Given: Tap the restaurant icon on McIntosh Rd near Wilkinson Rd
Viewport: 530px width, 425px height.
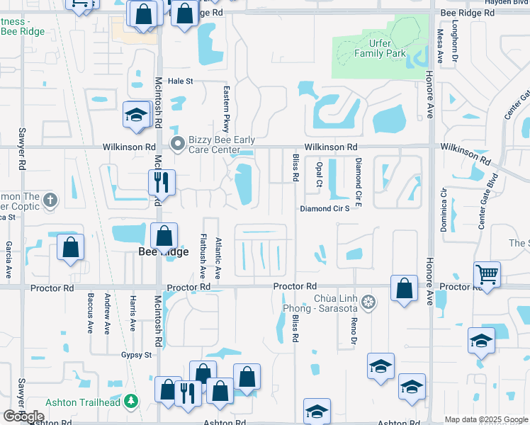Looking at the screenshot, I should click(x=162, y=183).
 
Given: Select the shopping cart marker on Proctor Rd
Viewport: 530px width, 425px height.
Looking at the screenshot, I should click(x=487, y=274).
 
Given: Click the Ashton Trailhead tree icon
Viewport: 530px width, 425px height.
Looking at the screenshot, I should click(x=130, y=402).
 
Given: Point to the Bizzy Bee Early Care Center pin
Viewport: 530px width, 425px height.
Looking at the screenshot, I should click(x=178, y=144).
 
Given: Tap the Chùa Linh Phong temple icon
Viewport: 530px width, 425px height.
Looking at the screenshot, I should click(x=368, y=303).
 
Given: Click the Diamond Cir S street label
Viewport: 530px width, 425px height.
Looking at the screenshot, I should click(x=325, y=209).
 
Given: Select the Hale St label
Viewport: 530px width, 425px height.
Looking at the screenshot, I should click(x=180, y=81).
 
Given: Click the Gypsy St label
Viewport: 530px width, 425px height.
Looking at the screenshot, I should click(x=136, y=355).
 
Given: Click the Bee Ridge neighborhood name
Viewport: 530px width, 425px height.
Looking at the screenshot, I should click(x=164, y=251).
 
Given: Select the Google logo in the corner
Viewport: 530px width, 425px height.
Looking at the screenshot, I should click(x=23, y=416).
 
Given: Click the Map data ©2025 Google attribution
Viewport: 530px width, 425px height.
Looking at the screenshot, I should click(x=485, y=419).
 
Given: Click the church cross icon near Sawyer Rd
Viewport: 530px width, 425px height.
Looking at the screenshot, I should click(x=50, y=200).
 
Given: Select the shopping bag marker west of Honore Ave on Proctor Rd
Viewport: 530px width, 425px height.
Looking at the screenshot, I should click(x=404, y=288).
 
